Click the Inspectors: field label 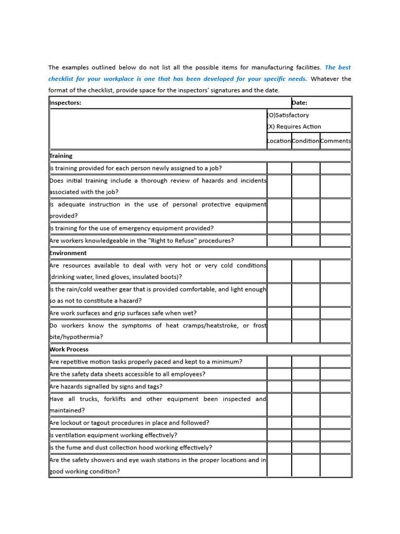(66, 103)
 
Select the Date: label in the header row (299, 103)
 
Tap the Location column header (279, 141)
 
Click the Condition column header (305, 141)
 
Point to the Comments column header (335, 141)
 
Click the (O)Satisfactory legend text (288, 115)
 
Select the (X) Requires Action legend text (294, 127)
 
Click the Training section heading (61, 156)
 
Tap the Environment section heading (68, 253)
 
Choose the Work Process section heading (69, 349)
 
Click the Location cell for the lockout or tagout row (279, 423)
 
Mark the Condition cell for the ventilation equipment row (305, 435)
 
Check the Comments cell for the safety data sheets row (335, 374)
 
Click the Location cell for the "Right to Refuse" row (279, 241)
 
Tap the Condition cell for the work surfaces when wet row (305, 313)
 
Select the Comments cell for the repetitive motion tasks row (335, 362)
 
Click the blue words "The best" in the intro (337, 68)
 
